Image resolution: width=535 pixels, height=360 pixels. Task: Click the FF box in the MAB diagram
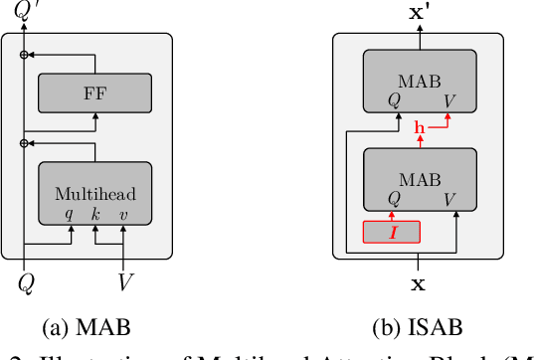[x=94, y=93]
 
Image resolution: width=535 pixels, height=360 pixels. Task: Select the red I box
[x=392, y=233]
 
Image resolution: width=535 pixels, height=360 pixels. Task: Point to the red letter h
[x=420, y=127]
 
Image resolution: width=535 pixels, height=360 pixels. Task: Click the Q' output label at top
[x=27, y=12]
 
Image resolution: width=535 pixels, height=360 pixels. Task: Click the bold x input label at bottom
[x=420, y=283]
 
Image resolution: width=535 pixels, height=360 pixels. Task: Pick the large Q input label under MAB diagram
[x=25, y=283]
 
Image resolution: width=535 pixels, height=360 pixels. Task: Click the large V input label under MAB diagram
[x=126, y=283]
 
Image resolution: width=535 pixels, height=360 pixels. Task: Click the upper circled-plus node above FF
[x=25, y=54]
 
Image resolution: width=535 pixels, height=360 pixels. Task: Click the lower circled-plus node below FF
[x=25, y=143]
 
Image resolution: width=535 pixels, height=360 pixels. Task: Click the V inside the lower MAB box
[x=450, y=198]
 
